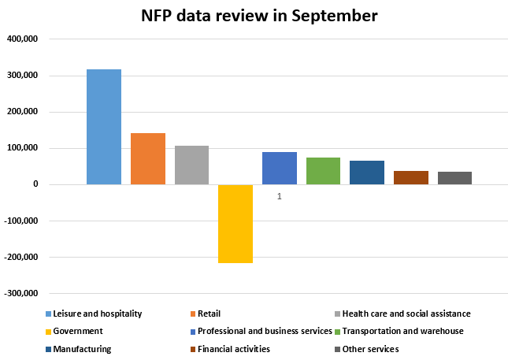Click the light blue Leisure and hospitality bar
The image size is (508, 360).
pyautogui.click(x=104, y=127)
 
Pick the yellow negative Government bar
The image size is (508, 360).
pyautogui.click(x=235, y=224)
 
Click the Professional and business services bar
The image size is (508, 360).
pyautogui.click(x=280, y=168)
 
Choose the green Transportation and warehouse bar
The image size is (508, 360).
pyautogui.click(x=323, y=171)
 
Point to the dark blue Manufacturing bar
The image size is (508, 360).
pyautogui.click(x=367, y=173)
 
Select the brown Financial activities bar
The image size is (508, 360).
pyautogui.click(x=411, y=177)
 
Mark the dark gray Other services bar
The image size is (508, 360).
pyautogui.click(x=454, y=178)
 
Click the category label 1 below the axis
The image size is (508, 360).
pyautogui.click(x=280, y=196)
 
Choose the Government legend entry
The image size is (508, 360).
pyautogui.click(x=79, y=331)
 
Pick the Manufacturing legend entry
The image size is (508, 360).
pyautogui.click(x=82, y=349)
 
